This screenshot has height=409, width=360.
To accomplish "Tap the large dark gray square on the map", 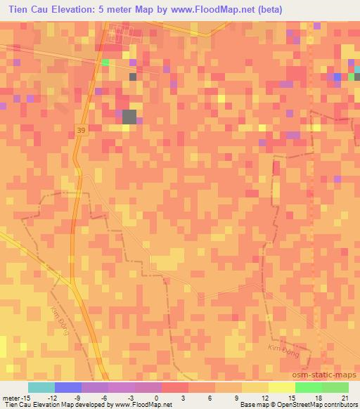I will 129,117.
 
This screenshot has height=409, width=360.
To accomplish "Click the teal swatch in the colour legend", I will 41,387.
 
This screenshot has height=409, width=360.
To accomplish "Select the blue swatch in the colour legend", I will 67,387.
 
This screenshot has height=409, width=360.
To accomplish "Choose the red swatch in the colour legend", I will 174,387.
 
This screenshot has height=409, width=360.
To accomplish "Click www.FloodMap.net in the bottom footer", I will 134,404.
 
